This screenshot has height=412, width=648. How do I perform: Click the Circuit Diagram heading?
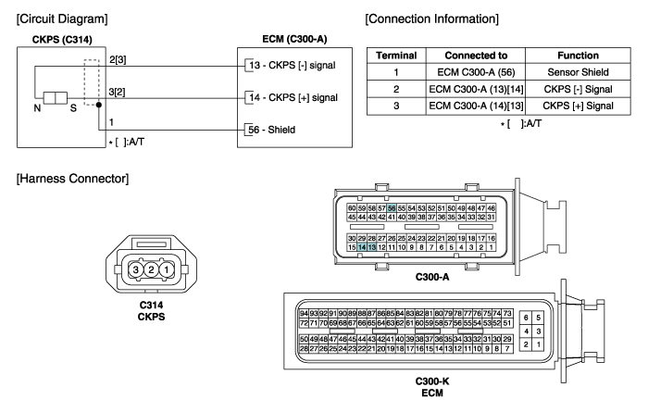(x=62, y=19)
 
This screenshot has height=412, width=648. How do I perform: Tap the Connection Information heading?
(x=432, y=19)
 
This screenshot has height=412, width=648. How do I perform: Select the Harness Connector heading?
(x=72, y=179)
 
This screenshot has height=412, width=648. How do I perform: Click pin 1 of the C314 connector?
(x=166, y=269)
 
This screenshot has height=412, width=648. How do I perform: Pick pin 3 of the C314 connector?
(x=135, y=269)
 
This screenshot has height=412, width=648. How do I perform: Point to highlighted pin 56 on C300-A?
(x=392, y=208)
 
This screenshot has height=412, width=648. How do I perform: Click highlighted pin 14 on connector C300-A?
(x=362, y=247)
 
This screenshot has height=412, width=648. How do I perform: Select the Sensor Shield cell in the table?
(x=578, y=72)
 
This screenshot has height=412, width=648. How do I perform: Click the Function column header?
(x=578, y=56)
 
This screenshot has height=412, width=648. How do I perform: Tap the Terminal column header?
(x=396, y=56)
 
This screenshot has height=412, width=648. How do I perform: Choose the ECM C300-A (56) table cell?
(x=476, y=72)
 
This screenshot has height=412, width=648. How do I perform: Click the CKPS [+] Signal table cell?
(x=578, y=106)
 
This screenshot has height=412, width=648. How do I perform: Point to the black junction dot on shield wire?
(x=99, y=105)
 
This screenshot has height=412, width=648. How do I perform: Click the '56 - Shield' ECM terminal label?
(x=271, y=130)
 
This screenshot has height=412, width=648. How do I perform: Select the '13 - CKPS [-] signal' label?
(x=293, y=66)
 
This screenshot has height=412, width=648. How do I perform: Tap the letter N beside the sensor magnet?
(x=37, y=108)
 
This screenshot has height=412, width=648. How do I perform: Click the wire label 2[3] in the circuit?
(x=118, y=59)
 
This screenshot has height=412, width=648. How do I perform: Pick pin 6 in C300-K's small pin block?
(x=526, y=318)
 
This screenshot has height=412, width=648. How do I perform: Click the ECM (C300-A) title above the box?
(x=294, y=39)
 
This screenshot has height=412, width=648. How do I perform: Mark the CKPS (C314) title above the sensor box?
(x=62, y=40)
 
